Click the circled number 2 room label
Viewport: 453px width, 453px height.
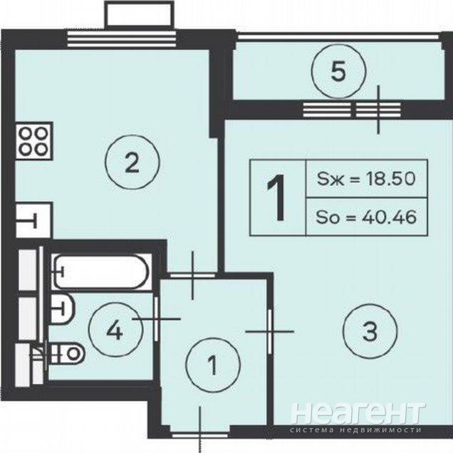(132, 162)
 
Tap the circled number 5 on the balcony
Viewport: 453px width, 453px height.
(338, 71)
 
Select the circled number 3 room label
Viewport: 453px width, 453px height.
(370, 331)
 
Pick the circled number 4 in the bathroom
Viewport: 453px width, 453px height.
(115, 330)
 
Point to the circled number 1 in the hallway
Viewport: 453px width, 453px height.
(213, 365)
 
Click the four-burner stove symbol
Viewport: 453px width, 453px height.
(34, 141)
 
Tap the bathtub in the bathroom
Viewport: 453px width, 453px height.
(101, 271)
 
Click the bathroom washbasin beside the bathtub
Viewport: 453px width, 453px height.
(63, 309)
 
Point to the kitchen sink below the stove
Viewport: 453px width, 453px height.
(34, 220)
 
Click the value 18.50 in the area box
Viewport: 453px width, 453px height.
(390, 179)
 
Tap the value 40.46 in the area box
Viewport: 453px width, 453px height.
(389, 217)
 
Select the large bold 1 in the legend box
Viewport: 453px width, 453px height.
(276, 198)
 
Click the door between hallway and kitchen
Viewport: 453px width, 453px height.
(193, 276)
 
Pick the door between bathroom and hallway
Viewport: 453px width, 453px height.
(156, 319)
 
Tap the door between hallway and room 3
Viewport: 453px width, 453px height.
(270, 332)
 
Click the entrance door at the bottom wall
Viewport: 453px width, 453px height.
(200, 434)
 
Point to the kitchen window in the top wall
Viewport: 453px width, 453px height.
(122, 38)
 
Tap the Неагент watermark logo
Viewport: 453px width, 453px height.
(358, 413)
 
